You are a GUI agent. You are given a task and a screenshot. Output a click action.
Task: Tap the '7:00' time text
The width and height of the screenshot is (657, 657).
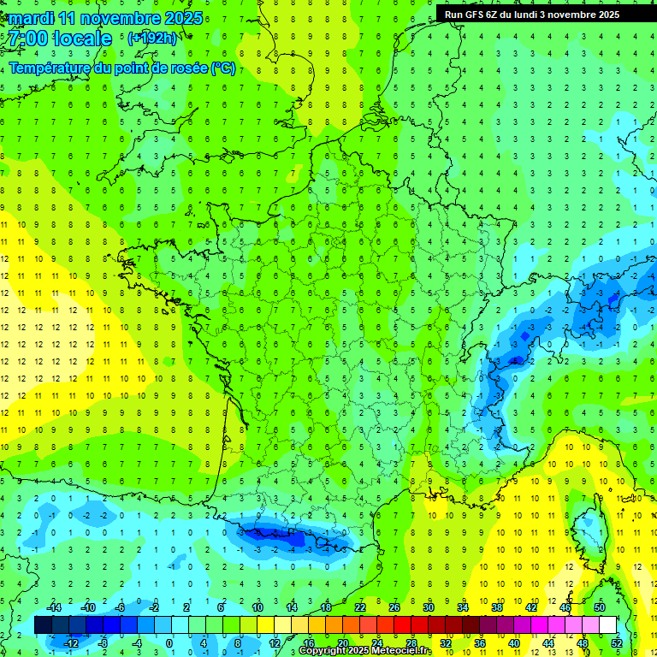click(27, 38)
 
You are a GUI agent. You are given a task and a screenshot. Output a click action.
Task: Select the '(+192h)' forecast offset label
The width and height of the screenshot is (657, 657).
click(151, 38)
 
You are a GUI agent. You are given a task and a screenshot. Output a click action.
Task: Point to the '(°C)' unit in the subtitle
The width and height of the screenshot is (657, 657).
click(222, 68)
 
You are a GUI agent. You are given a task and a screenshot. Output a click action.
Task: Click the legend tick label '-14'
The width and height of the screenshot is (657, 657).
click(54, 607)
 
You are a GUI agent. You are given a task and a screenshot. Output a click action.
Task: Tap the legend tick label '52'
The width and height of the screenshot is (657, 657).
click(617, 643)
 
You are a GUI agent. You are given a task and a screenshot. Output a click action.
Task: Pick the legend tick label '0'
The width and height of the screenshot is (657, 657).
click(169, 643)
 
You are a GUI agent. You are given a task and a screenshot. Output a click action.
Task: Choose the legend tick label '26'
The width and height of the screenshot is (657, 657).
click(394, 607)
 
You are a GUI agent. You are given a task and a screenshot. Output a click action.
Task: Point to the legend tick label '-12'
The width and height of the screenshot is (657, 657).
click(70, 643)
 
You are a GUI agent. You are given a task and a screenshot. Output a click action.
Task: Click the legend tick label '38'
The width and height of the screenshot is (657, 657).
click(496, 607)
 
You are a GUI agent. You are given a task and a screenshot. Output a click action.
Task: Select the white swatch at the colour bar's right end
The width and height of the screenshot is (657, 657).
click(607, 625)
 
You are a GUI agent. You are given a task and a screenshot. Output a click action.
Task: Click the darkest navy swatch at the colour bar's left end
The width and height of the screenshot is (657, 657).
click(43, 625)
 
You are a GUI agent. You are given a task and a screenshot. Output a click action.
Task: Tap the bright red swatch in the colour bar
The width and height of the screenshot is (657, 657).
click(402, 625)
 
